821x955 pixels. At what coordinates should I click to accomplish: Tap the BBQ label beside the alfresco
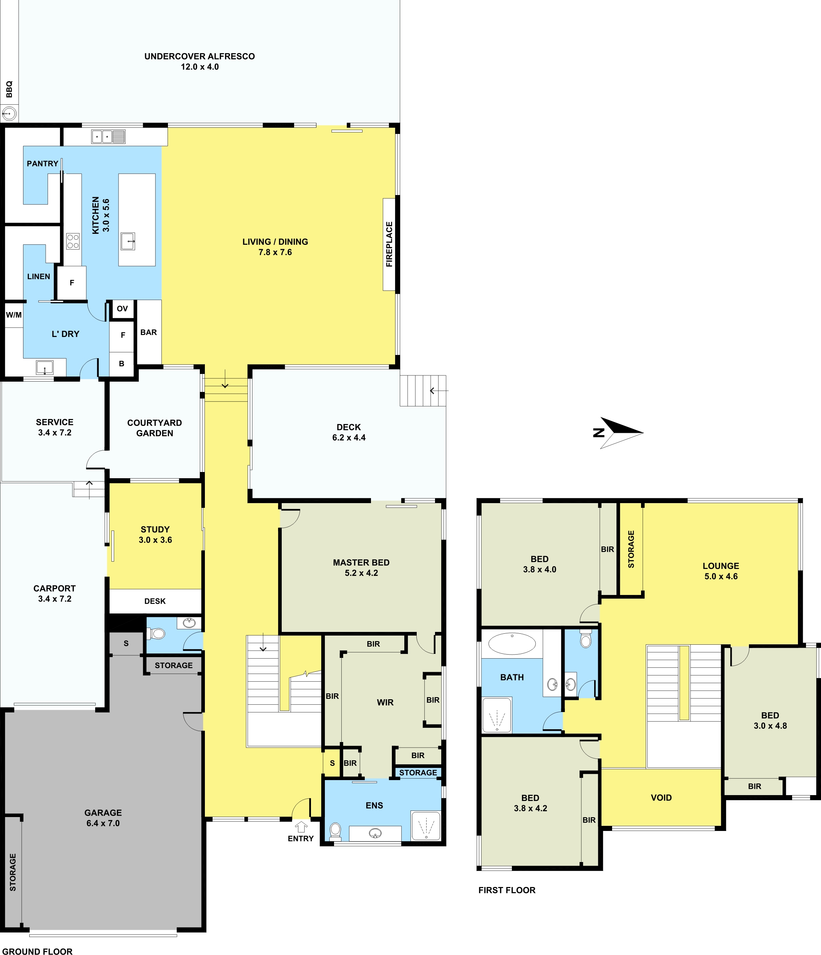9,89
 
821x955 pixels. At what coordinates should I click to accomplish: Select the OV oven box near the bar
122,309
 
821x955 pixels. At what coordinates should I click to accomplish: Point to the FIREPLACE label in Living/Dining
389,244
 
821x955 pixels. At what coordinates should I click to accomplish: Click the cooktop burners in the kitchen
73,241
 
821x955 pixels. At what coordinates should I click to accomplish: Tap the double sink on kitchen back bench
108,137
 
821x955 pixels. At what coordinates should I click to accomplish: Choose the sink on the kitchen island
128,241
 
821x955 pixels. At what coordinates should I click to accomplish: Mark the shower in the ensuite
426,825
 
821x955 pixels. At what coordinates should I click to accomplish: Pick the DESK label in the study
155,601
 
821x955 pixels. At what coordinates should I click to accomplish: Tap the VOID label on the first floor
661,798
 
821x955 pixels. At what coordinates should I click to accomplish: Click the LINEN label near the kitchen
39,277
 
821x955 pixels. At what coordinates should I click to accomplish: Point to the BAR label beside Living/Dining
149,332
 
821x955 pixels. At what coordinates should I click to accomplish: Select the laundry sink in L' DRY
45,368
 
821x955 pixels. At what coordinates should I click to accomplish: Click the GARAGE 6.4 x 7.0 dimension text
103,823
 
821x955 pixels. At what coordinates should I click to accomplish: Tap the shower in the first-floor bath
496,715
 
